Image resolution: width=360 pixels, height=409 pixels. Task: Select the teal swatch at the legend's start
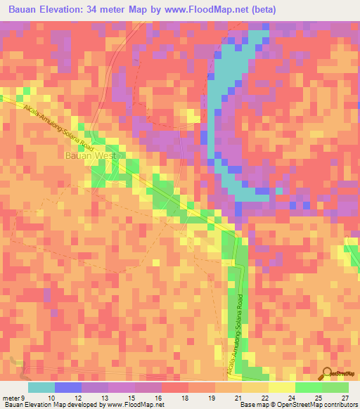click(41, 387)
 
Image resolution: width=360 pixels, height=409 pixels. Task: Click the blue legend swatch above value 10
click(68, 387)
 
